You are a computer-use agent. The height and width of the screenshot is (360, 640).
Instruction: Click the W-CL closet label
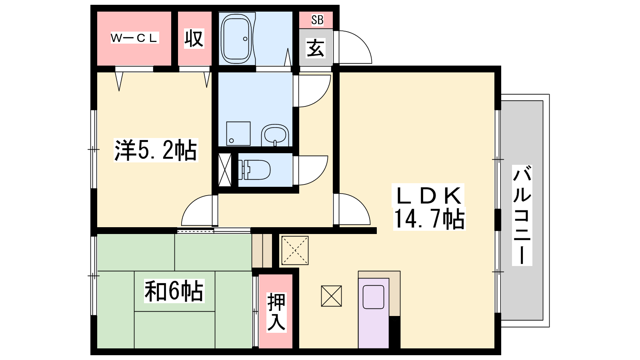pos(134,38)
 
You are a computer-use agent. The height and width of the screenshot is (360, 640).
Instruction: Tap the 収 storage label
pos(194,38)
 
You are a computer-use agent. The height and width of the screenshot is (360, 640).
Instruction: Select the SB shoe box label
pos(317,20)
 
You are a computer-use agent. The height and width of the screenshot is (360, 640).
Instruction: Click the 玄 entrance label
pos(316,48)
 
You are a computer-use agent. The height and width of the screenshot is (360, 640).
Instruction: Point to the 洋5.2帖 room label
pos(156,150)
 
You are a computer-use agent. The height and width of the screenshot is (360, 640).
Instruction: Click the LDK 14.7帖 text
pos(429,207)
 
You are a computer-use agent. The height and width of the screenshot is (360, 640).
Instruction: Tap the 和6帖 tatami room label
pos(174,291)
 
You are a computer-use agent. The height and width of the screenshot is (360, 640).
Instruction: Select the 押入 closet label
pos(276,312)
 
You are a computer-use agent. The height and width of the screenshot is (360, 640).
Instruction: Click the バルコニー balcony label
pos(522,215)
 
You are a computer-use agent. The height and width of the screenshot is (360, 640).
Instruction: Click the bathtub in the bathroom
pos(236,38)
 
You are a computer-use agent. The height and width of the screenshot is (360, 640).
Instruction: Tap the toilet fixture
pos(254,170)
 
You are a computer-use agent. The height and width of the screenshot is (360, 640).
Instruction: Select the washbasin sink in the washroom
pos(275,135)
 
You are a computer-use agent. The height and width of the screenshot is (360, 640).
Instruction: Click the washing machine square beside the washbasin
pos(238,134)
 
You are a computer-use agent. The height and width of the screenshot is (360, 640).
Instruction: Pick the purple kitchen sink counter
pos(374,313)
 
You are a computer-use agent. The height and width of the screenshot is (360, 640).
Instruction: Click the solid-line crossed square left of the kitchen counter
pos(332,296)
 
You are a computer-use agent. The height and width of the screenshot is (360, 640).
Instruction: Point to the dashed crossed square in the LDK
pos(295,250)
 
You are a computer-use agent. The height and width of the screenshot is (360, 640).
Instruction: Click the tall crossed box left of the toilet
pos(225,170)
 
